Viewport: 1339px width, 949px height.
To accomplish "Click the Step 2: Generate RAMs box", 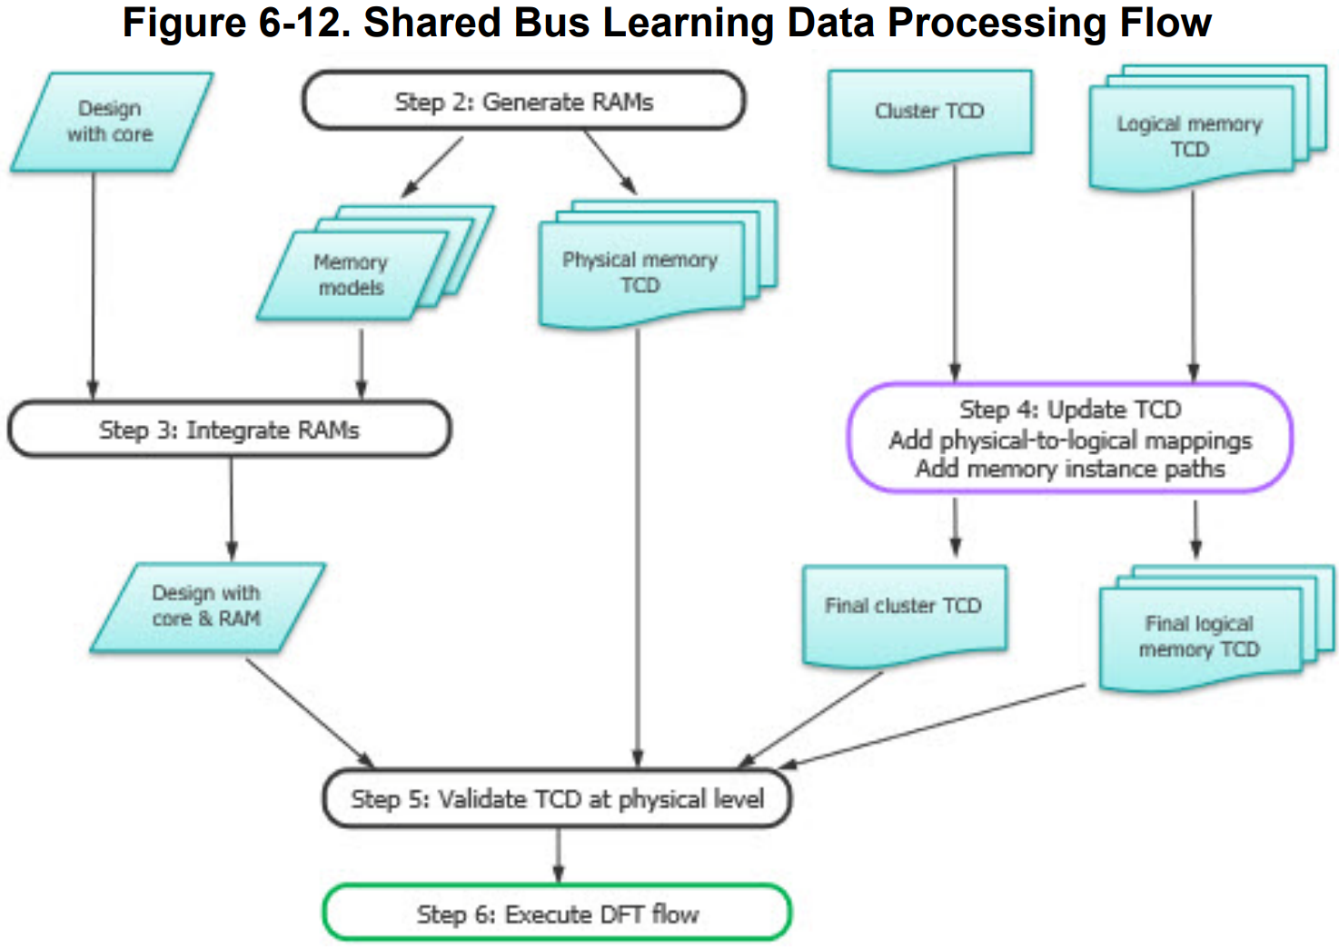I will click(x=523, y=101).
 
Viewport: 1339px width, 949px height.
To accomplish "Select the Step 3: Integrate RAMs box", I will click(x=229, y=430).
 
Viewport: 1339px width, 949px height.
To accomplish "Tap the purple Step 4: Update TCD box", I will click(x=1069, y=439).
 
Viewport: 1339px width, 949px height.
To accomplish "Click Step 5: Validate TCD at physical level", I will click(x=557, y=799).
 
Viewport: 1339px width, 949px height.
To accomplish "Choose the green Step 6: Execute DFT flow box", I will click(x=557, y=914).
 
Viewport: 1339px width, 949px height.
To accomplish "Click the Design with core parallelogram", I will click(x=111, y=122).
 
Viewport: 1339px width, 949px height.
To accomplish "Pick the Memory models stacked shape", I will click(x=352, y=274).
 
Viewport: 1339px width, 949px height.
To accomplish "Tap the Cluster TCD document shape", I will click(x=929, y=114).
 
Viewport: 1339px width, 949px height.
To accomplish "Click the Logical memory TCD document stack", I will click(x=1189, y=136).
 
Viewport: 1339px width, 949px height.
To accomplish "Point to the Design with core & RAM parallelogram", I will click(x=206, y=606).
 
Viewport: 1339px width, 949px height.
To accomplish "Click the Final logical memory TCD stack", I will click(x=1199, y=637).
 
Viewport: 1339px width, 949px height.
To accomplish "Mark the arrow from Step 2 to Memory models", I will click(x=431, y=167).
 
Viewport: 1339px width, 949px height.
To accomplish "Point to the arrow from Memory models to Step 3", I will click(x=362, y=363).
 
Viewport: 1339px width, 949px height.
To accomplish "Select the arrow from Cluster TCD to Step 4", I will click(x=955, y=272).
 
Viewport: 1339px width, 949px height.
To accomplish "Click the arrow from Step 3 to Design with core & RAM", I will click(x=232, y=509).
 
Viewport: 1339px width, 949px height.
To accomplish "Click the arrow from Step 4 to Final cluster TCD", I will click(x=955, y=527).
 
